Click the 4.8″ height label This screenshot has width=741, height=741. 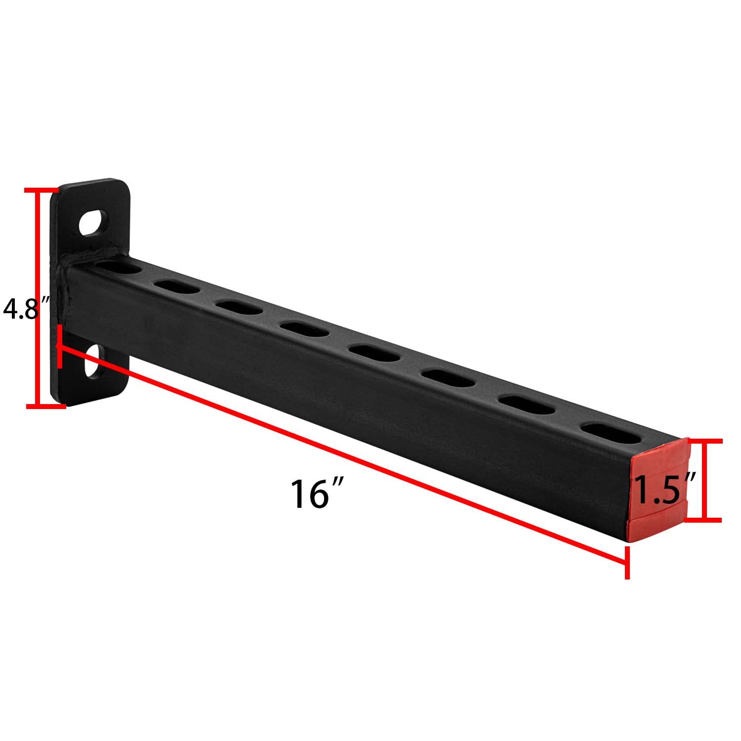[x=24, y=310]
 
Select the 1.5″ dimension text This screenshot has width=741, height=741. [x=664, y=489]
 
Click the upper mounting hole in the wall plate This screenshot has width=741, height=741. [x=93, y=223]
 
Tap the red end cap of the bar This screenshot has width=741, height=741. [x=659, y=489]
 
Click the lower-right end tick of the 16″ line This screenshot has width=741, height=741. [x=627, y=562]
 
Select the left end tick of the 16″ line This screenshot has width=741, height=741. [x=60, y=346]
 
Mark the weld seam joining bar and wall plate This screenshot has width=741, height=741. [x=66, y=291]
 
